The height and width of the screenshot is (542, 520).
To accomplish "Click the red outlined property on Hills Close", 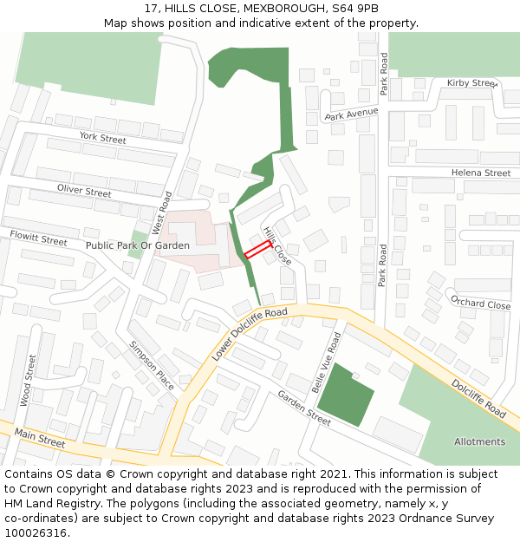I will pyautogui.click(x=257, y=251).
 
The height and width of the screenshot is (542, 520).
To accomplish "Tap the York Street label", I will pyautogui.click(x=102, y=138).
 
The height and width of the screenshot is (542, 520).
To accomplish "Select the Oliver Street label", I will pyautogui.click(x=84, y=191).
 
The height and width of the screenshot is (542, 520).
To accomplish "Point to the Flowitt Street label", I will pyautogui.click(x=38, y=238).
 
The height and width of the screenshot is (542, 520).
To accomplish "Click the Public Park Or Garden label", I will pyautogui.click(x=137, y=245).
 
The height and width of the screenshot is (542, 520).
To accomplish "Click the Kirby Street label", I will pyautogui.click(x=472, y=83).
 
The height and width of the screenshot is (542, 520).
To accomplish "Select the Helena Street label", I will pyautogui.click(x=481, y=173).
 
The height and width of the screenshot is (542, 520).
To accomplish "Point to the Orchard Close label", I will pyautogui.click(x=480, y=304).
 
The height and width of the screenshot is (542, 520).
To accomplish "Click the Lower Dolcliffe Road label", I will pyautogui.click(x=249, y=334).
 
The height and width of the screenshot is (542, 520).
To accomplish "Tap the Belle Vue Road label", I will pyautogui.click(x=325, y=361).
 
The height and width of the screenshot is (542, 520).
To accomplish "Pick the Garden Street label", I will pyautogui.click(x=304, y=408).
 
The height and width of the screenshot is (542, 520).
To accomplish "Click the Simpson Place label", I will pyautogui.click(x=152, y=365).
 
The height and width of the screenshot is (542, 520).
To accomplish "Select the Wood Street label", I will pyautogui.click(x=29, y=380).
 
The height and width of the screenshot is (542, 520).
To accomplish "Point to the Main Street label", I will pyautogui.click(x=40, y=439).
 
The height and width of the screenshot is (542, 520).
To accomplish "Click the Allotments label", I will pyautogui.click(x=479, y=441).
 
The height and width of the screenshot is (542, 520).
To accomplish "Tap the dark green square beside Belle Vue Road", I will pyautogui.click(x=346, y=395).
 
